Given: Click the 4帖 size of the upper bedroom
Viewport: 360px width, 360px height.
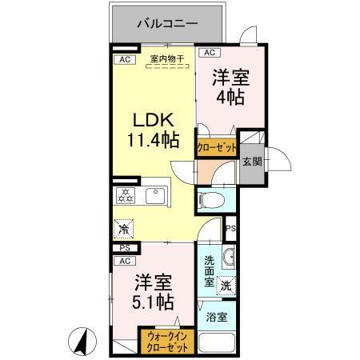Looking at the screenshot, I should (229, 98).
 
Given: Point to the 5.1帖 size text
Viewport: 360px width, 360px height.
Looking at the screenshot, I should (154, 302).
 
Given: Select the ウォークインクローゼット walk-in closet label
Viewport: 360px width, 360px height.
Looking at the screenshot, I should (166, 342).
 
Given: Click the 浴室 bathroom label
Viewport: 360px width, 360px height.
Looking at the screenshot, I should (216, 318).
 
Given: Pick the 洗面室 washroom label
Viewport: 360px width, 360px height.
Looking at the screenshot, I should (208, 271).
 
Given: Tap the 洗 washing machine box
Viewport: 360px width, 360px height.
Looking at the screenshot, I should (226, 284).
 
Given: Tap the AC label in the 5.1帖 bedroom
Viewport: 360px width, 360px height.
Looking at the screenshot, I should (124, 261).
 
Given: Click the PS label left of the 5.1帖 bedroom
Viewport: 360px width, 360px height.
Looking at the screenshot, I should (124, 248).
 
